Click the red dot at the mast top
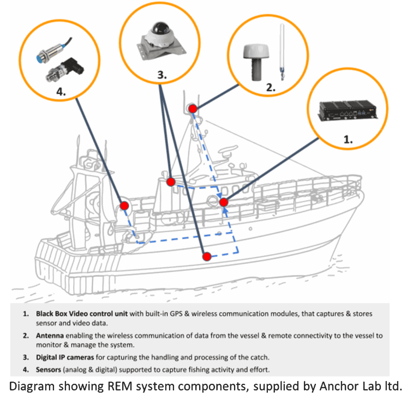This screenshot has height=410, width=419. tap(193, 109)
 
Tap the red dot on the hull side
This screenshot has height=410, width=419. tap(206, 256)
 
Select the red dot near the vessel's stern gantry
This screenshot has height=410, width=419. tap(124, 206)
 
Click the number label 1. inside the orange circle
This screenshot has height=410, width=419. tap(348, 139)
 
